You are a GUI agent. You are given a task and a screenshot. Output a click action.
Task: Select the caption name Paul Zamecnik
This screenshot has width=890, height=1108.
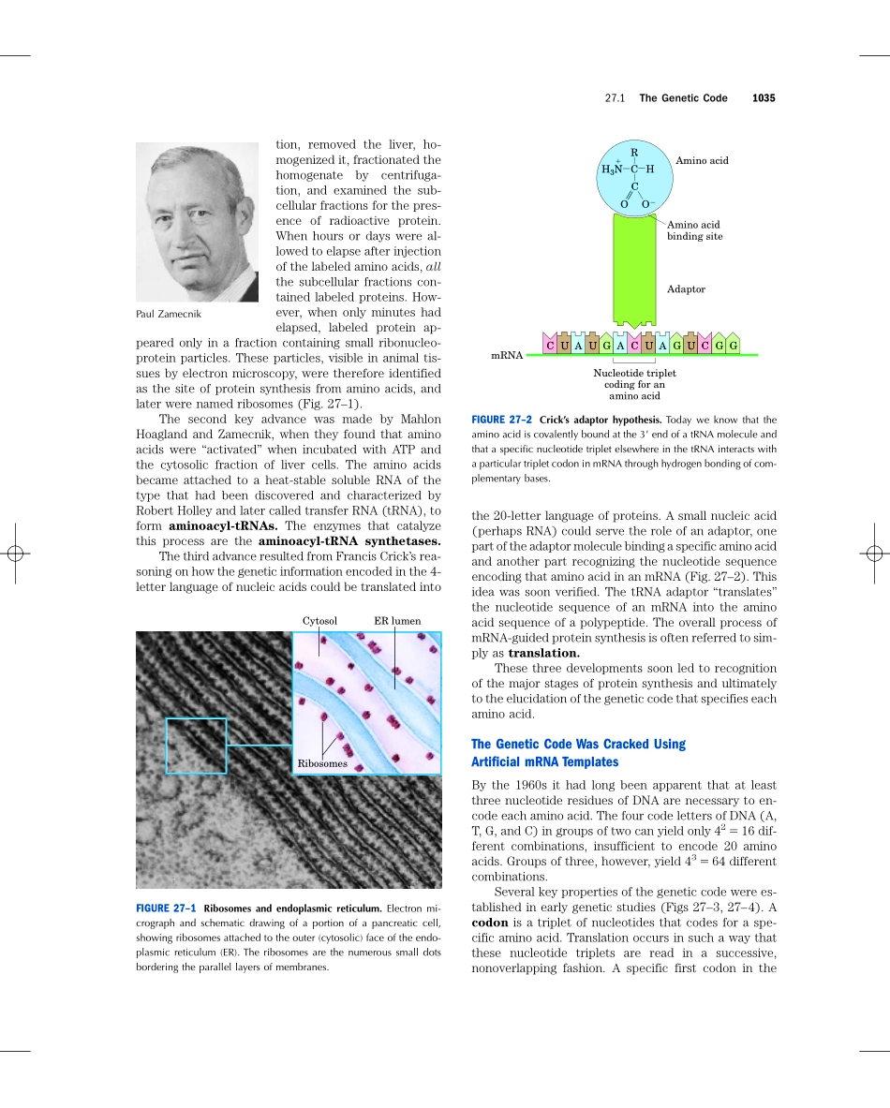coord(169,315)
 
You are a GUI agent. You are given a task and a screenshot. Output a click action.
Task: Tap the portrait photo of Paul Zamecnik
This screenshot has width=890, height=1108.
coord(197,222)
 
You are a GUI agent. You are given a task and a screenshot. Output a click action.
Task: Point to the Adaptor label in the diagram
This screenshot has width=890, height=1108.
coord(686,289)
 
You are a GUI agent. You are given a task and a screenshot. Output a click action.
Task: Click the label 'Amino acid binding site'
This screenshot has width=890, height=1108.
coord(694,230)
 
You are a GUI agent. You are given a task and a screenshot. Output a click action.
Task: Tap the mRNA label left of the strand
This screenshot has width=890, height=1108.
coord(507,357)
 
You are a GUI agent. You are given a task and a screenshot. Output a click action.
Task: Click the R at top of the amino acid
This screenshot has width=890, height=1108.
coord(634,152)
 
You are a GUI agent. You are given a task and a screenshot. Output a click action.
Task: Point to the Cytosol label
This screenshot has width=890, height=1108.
coord(319,620)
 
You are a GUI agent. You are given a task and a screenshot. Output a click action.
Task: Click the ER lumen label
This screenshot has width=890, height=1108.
coord(397,620)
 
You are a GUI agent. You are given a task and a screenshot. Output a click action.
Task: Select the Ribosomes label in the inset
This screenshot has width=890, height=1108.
coord(322,763)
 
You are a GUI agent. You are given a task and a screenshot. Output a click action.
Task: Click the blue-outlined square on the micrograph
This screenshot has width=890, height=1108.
coord(196,746)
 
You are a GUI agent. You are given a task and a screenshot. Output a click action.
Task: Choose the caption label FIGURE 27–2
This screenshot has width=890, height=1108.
coord(501,420)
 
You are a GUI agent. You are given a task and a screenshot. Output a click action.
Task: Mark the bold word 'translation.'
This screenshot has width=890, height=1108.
coord(543,653)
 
